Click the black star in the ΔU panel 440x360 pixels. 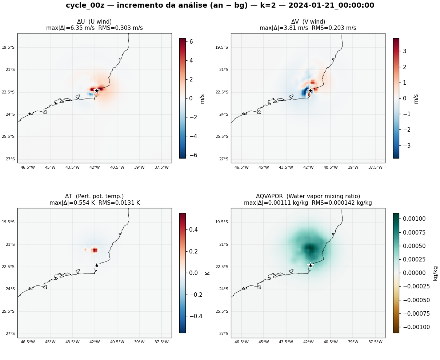coord(97,91)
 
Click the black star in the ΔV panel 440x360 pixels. coord(311,91)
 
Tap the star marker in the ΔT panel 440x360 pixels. coord(97,265)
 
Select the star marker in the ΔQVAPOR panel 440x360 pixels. coord(311,265)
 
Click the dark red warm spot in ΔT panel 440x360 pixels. coord(95,250)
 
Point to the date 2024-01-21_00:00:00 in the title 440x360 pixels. coord(331,5)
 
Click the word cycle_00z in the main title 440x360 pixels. coord(85,5)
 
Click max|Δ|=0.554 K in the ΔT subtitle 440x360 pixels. coord(72,203)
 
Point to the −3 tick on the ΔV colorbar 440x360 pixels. coord(407,145)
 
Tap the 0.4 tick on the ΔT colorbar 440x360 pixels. coord(193,229)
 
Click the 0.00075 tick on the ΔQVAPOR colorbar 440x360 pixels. coord(414,232)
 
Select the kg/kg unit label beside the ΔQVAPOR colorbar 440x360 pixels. coord(435,273)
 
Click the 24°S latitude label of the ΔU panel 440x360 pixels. coord(11,114)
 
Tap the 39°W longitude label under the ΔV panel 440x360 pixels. coord(353,167)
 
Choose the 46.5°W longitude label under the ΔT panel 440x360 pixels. coord(28,342)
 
